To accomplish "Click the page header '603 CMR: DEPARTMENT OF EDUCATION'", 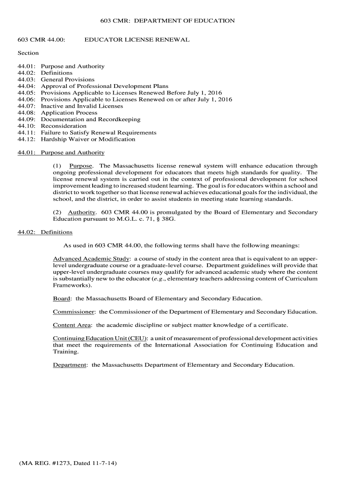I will click(x=168, y=21).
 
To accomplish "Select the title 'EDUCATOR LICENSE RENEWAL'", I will click(x=137, y=40).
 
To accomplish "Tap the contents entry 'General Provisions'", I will click(x=68, y=80).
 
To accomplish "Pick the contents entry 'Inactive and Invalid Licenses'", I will click(x=82, y=106).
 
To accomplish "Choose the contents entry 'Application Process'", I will click(x=69, y=113).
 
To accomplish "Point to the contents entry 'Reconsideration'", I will click(x=64, y=126).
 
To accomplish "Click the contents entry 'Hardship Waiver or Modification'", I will click(x=88, y=139).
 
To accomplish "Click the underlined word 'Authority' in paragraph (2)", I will click(x=82, y=212).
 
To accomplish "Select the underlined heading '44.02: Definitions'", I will click(x=45, y=232).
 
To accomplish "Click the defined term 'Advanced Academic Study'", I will click(x=91, y=259).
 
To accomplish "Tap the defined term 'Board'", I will click(x=62, y=298).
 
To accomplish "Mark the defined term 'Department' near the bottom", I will click(x=70, y=365).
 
